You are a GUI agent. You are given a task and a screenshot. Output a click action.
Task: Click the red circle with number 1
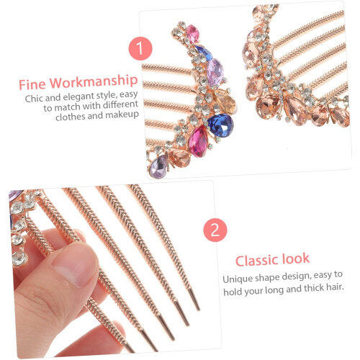(140, 48)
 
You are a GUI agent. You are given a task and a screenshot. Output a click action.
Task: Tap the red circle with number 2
(215, 230)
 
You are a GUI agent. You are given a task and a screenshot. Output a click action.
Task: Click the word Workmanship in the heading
(94, 81)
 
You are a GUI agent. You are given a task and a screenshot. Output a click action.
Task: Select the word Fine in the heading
(32, 84)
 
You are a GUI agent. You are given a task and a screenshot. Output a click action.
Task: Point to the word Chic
(34, 99)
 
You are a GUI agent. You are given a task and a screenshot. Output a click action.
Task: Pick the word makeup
(122, 115)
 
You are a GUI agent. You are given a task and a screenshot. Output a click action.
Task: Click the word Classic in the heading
(257, 261)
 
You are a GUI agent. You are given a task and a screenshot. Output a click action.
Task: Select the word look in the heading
(296, 259)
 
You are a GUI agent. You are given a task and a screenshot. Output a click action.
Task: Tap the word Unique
(237, 279)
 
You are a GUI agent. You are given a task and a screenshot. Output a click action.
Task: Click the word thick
(313, 288)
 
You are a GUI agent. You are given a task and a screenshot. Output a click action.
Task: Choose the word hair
(335, 287)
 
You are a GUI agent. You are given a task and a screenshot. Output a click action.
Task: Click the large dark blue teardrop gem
(220, 125)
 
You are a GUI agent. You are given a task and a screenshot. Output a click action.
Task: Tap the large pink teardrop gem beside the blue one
(199, 142)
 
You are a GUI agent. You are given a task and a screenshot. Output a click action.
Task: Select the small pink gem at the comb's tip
(193, 34)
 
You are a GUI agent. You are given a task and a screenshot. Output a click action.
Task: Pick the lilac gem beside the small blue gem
(215, 71)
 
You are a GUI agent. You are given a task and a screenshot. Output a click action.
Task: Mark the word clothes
(70, 117)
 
